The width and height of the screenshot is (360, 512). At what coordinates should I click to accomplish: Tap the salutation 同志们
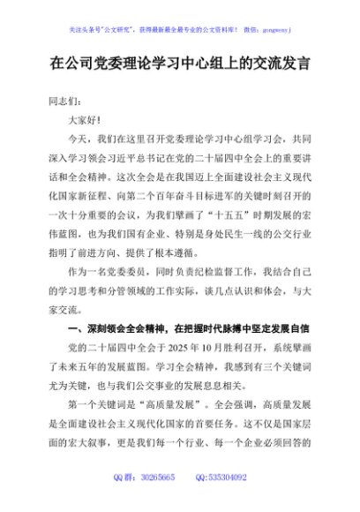coord(61,101)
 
